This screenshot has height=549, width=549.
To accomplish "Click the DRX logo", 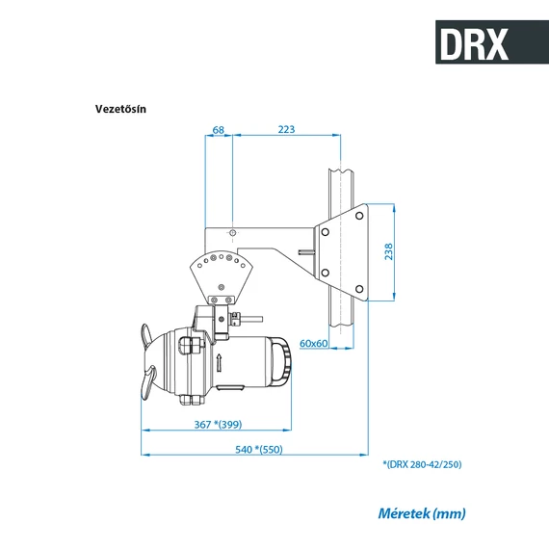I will [x=472, y=42].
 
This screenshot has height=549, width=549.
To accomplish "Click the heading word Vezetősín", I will [x=120, y=108].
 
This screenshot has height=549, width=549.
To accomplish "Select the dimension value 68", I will [x=219, y=129].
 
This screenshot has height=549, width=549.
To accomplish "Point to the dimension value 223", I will [x=286, y=129].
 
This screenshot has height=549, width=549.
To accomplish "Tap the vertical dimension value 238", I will [x=388, y=251].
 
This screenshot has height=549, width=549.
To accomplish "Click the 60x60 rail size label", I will [x=314, y=343].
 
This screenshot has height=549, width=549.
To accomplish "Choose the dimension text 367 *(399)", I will [x=217, y=424].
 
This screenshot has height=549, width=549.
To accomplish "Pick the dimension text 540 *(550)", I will [x=259, y=449].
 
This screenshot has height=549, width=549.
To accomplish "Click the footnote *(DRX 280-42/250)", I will [x=422, y=464].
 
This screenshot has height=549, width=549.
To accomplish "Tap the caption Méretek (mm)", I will [x=421, y=513].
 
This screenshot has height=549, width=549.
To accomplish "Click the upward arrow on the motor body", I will [x=221, y=363].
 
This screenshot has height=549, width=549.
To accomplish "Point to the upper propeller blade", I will [x=145, y=338].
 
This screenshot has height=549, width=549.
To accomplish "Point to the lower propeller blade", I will [x=147, y=386].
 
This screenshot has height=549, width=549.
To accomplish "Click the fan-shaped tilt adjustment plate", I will [x=222, y=273].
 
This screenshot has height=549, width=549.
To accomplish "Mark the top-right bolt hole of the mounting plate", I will [x=359, y=216].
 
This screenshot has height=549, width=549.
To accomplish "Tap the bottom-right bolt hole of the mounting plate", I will [x=359, y=287].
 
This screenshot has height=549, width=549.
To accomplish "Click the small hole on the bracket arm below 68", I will [x=233, y=232].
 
